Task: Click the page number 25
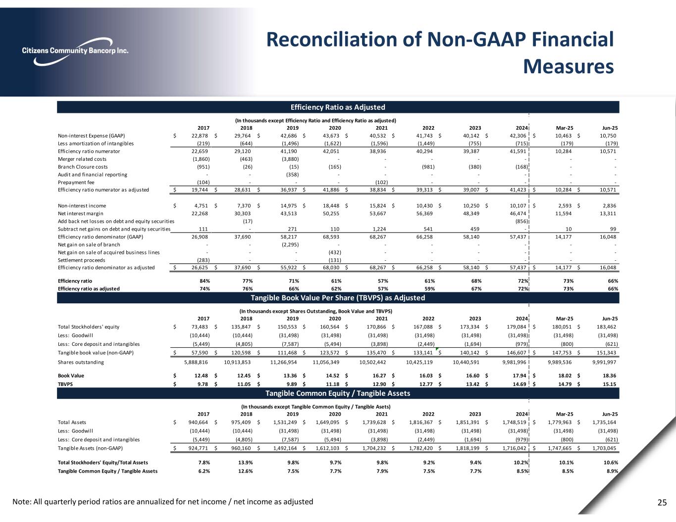662,503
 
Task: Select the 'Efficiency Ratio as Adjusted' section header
338,107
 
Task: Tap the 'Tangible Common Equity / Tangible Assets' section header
338,393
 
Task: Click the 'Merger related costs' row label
82,159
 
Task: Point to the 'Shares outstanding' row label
81,362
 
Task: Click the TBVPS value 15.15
609,384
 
